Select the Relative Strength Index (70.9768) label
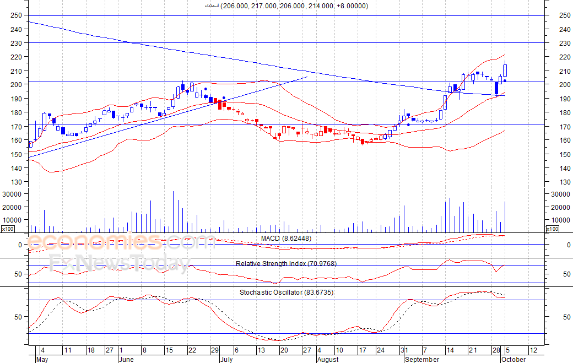tap(286, 264)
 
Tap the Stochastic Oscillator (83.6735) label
tap(286, 292)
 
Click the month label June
tap(127, 359)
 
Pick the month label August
tap(328, 359)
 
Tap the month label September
tap(422, 359)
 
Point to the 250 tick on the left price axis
tap(16, 15)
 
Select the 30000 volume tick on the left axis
tap(12, 194)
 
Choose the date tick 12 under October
tap(533, 350)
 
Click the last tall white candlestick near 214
tap(505, 71)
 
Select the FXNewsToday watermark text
tap(119, 263)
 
